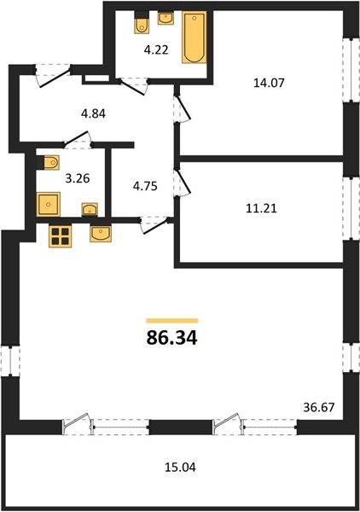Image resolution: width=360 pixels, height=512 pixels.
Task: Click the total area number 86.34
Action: pos(171,338)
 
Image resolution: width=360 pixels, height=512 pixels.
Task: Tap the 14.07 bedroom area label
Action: pos(269,83)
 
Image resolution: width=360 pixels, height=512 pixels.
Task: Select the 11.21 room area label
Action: pos(261,208)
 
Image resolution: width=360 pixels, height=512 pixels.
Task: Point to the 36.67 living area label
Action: pos(319,407)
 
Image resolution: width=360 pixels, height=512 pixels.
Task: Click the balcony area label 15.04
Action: pos(180,467)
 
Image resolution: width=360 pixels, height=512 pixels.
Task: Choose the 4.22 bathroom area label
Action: pos(156,50)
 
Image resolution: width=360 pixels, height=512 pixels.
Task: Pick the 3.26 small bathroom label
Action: pos(78,178)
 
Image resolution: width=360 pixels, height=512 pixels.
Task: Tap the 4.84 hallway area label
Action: pos(93,114)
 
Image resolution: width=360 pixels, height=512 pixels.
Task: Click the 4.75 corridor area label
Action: pos(145,186)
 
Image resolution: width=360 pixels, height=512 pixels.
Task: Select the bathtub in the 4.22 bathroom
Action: pos(195,38)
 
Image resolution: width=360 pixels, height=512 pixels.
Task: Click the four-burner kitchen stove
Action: pos(61,236)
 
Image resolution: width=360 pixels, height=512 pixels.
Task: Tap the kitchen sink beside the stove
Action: pos(101,234)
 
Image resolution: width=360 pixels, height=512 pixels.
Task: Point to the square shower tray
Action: pos(49,205)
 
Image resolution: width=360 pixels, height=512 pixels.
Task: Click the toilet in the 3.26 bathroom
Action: pos(49,162)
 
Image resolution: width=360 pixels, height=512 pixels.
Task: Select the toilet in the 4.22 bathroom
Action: pos(142,22)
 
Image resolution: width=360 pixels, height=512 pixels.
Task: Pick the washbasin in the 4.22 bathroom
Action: pos(165,18)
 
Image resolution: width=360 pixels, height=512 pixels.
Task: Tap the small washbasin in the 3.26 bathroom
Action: pos(89,210)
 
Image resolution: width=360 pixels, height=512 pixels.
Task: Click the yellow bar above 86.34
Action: pos(172,321)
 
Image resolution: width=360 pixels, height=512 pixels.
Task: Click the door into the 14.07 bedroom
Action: pos(182,108)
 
